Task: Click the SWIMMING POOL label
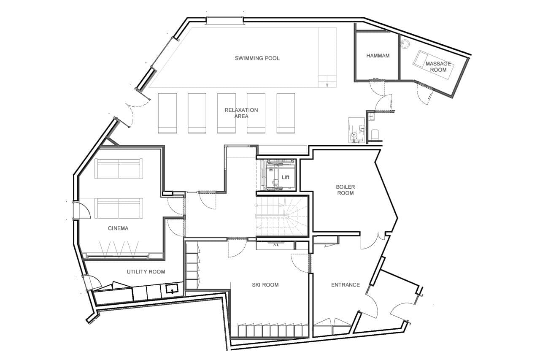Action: click(x=257, y=58)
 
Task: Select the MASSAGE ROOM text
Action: click(x=438, y=66)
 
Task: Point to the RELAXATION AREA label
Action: click(x=241, y=113)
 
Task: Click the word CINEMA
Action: click(x=118, y=228)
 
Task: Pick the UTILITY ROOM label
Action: click(x=146, y=272)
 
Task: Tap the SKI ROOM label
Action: click(x=265, y=285)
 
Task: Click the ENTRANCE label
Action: click(x=345, y=285)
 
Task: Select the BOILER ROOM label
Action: click(x=345, y=190)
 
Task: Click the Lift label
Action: click(x=286, y=177)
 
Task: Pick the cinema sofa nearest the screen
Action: click(x=119, y=208)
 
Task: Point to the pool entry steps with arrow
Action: click(x=327, y=81)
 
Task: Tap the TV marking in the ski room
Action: click(x=276, y=244)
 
